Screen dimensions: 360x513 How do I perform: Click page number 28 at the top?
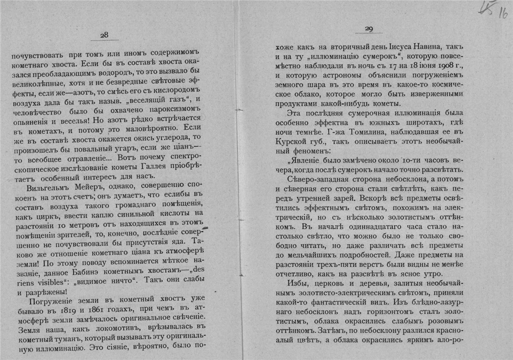[x=104, y=35]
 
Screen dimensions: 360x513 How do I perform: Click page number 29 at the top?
[x=369, y=29]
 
